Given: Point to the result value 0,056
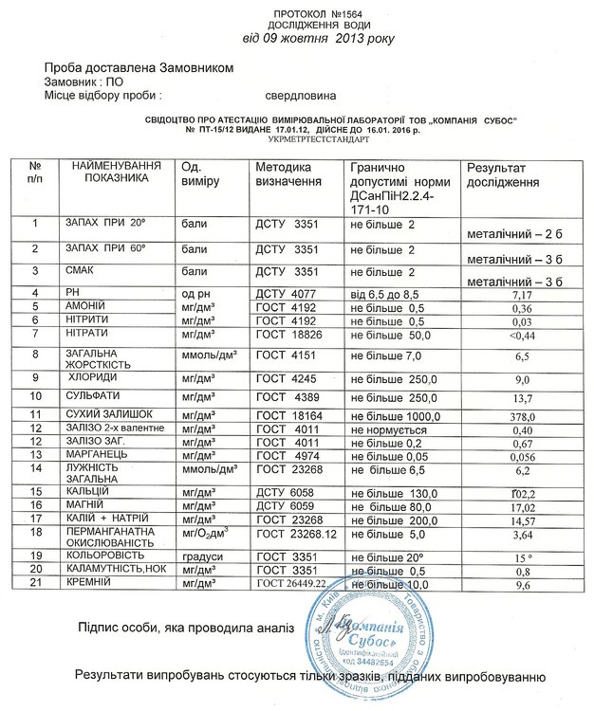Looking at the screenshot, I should (x=522, y=456).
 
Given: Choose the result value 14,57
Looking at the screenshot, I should (x=522, y=520).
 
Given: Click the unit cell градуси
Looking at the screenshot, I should (x=201, y=556).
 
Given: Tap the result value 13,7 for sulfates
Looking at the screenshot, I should (x=522, y=396).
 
